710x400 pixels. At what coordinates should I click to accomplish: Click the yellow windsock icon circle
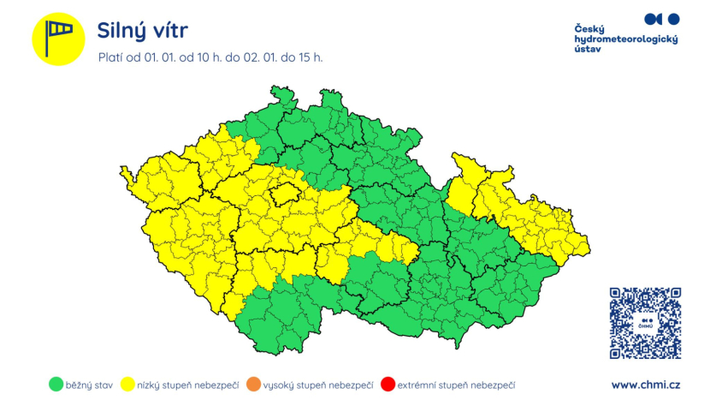[x=58, y=39]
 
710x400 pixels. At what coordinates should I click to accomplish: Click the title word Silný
[x=124, y=32]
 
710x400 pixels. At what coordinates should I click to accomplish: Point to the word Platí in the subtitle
[x=112, y=58]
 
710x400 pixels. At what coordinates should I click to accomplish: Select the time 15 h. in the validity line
[x=309, y=58]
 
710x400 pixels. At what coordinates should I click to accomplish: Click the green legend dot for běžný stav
[x=58, y=385]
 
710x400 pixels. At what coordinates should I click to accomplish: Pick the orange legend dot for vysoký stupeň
[x=252, y=385]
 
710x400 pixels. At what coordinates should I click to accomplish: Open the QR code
[x=645, y=323]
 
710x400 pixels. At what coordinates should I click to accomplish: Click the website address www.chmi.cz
[x=646, y=385]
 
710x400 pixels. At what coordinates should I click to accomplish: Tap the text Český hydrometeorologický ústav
[x=625, y=39]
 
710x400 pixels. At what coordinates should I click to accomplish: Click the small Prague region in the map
[x=282, y=195]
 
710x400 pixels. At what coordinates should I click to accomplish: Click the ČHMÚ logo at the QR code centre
[x=645, y=323]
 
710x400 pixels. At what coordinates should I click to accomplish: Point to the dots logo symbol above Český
[x=661, y=18]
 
